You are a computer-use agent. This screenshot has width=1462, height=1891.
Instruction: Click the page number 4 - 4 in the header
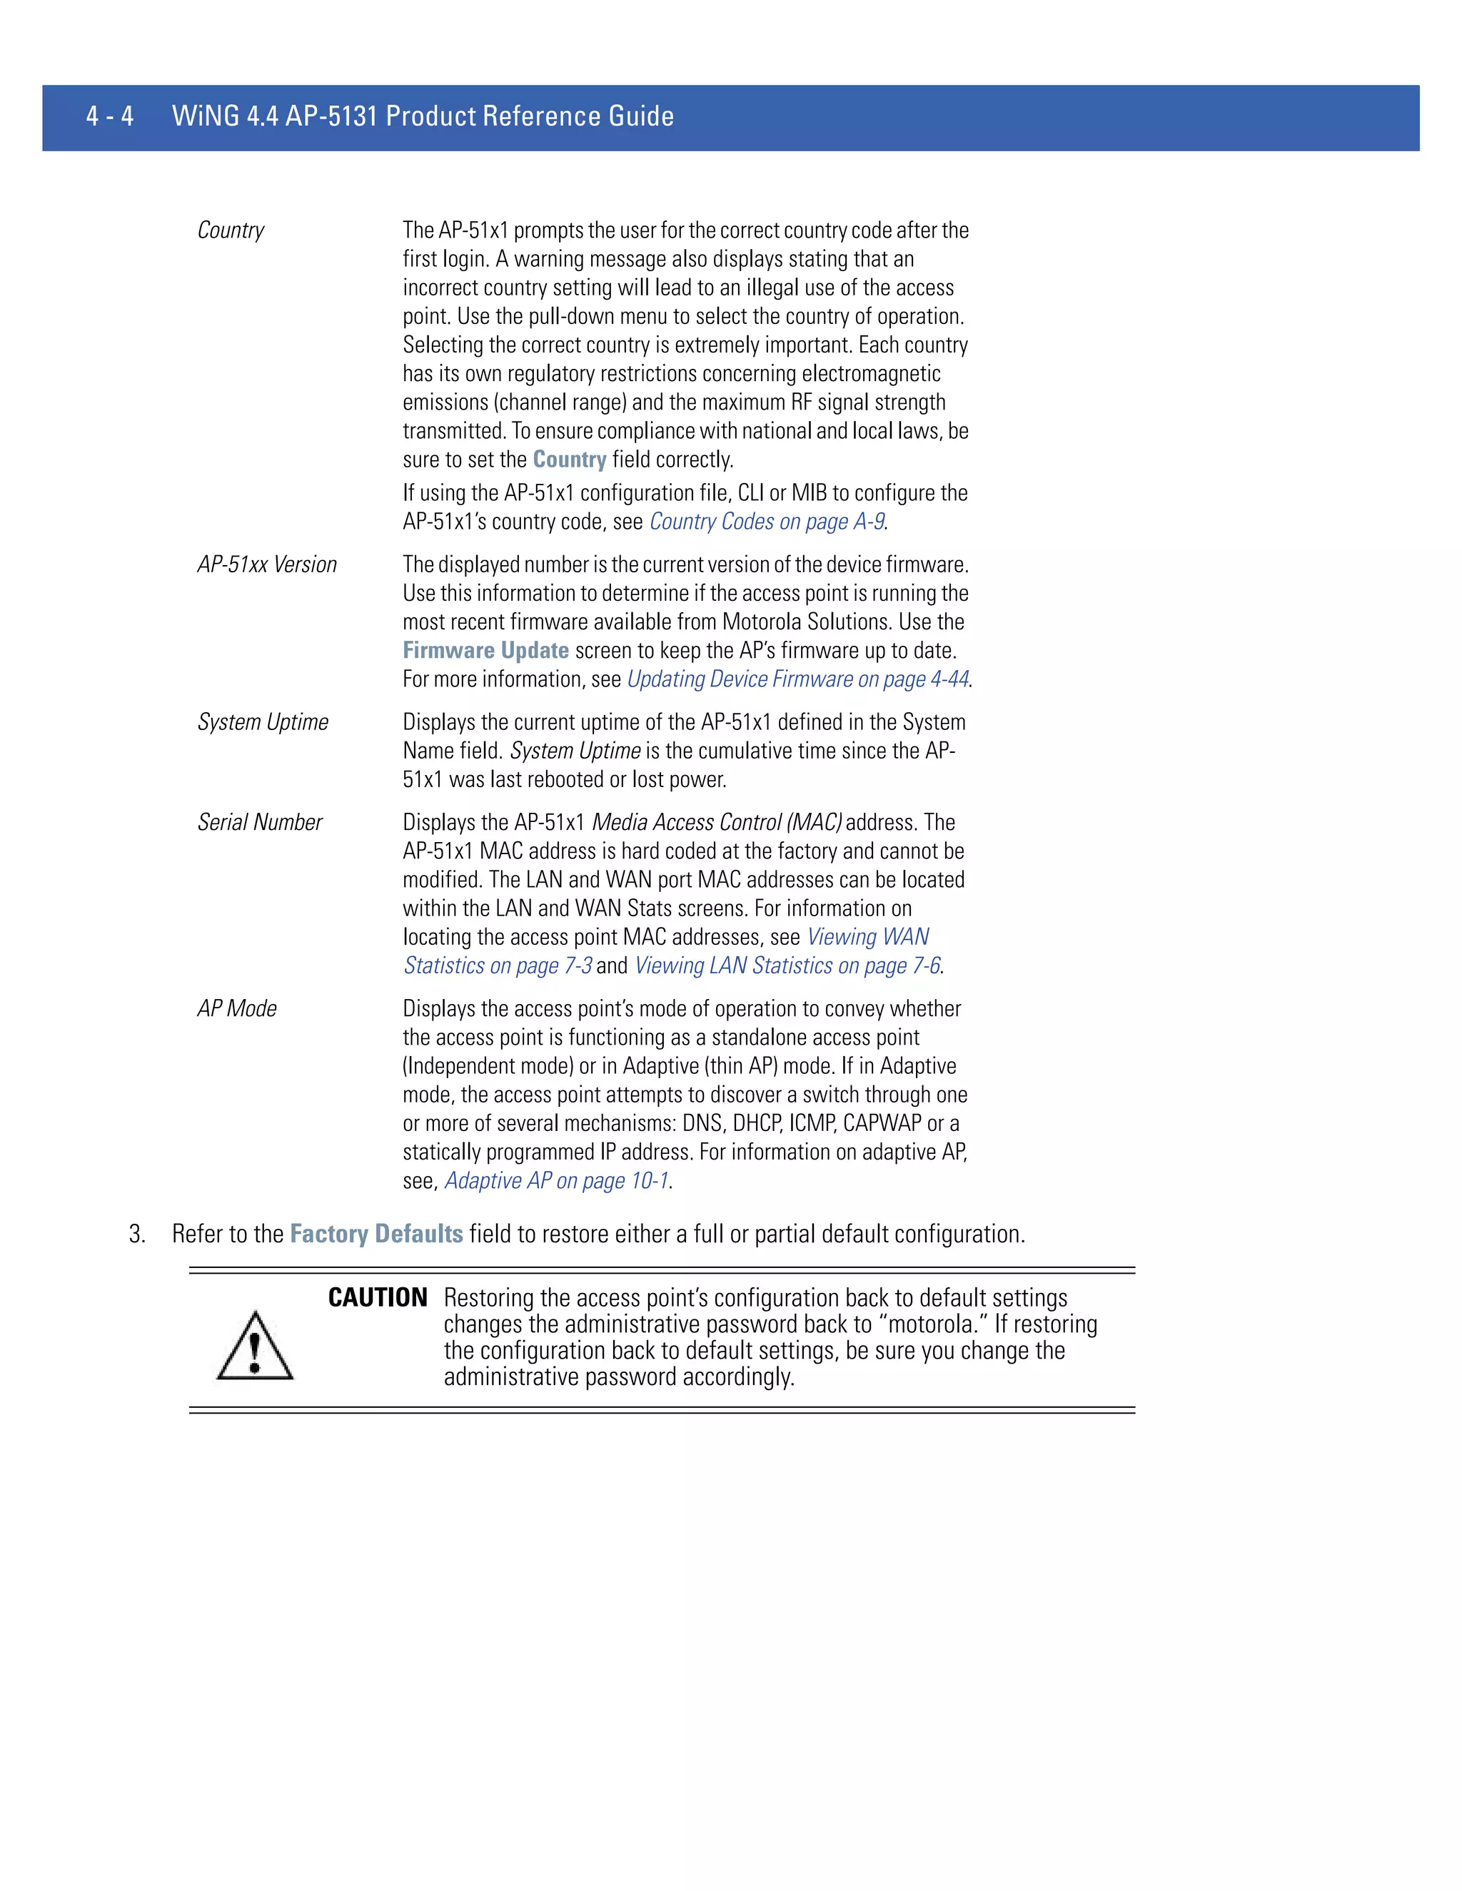point(110,116)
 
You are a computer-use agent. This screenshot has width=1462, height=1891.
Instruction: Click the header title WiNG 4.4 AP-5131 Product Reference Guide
point(423,116)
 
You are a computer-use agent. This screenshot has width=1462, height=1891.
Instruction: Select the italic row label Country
point(231,230)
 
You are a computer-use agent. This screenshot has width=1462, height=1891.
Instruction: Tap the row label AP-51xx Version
point(267,564)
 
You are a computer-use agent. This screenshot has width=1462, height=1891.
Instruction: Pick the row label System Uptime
point(263,722)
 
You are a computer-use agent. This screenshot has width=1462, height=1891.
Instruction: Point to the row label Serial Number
point(260,823)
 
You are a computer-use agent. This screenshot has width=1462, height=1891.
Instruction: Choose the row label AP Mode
point(236,1009)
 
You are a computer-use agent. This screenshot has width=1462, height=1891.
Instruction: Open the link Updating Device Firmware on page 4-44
point(797,679)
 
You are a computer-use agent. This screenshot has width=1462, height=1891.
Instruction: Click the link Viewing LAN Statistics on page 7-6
point(787,966)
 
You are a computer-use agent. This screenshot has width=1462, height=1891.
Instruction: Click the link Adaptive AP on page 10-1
point(556,1181)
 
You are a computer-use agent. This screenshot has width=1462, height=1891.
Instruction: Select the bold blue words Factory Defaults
point(376,1234)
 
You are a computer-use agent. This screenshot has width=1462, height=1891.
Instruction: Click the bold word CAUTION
point(378,1297)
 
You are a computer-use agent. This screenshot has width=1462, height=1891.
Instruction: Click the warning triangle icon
point(255,1347)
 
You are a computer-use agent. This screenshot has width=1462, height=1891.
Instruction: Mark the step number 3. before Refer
point(137,1235)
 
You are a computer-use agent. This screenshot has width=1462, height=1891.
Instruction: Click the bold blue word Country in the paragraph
point(569,460)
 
